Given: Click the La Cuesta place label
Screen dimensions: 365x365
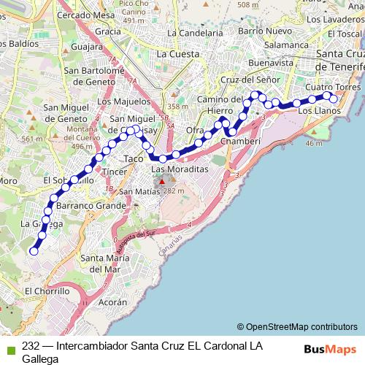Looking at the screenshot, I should click(x=177, y=54).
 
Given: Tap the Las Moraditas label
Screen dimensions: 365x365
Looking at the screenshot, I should click(x=180, y=169).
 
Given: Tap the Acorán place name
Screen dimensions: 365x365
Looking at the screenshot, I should click(x=112, y=301).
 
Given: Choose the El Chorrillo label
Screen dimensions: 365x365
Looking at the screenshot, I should click(x=47, y=291).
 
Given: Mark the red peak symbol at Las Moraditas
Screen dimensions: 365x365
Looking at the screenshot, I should click(x=163, y=181).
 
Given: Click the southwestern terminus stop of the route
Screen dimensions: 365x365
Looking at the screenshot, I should click(x=33, y=251).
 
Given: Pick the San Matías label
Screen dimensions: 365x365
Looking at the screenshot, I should click(x=139, y=192).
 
